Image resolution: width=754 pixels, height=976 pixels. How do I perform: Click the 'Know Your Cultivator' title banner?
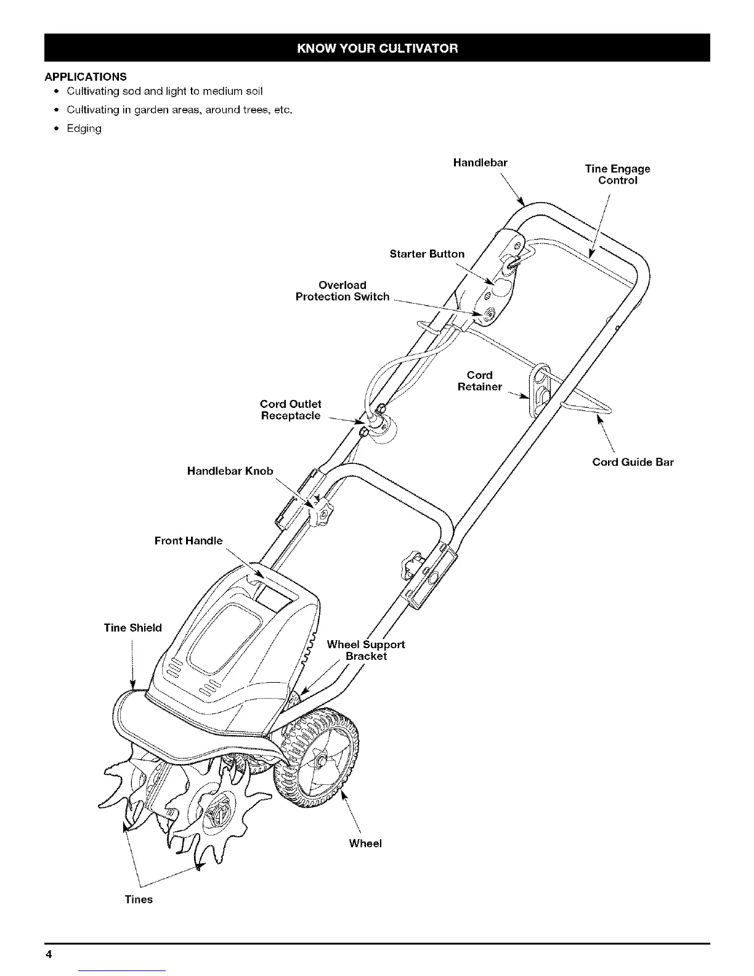[x=377, y=48]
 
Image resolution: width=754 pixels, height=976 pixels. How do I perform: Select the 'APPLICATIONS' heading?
[x=86, y=77]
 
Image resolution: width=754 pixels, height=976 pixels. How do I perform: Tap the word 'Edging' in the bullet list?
[x=84, y=129]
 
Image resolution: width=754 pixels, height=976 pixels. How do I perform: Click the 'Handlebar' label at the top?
[x=480, y=163]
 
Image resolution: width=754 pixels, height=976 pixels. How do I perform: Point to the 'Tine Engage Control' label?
[x=617, y=174]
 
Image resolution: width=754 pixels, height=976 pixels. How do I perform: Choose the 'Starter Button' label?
[x=427, y=254]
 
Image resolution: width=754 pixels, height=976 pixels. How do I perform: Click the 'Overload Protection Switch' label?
[x=343, y=291]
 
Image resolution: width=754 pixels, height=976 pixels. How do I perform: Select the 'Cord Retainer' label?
[x=480, y=381]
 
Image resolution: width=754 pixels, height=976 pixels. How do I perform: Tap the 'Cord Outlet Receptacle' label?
[x=291, y=410]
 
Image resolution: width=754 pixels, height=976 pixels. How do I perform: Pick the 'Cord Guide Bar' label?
[x=633, y=462]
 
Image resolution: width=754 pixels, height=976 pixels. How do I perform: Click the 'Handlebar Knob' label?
[x=230, y=471]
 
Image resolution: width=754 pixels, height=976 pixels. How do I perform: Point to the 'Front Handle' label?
[x=188, y=541]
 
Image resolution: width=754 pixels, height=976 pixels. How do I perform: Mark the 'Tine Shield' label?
[x=133, y=628]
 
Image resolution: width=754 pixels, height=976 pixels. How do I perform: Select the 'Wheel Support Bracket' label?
[x=366, y=650]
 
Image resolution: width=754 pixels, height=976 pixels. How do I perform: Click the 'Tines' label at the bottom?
[x=139, y=900]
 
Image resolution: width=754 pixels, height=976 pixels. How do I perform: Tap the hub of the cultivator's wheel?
[x=321, y=762]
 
